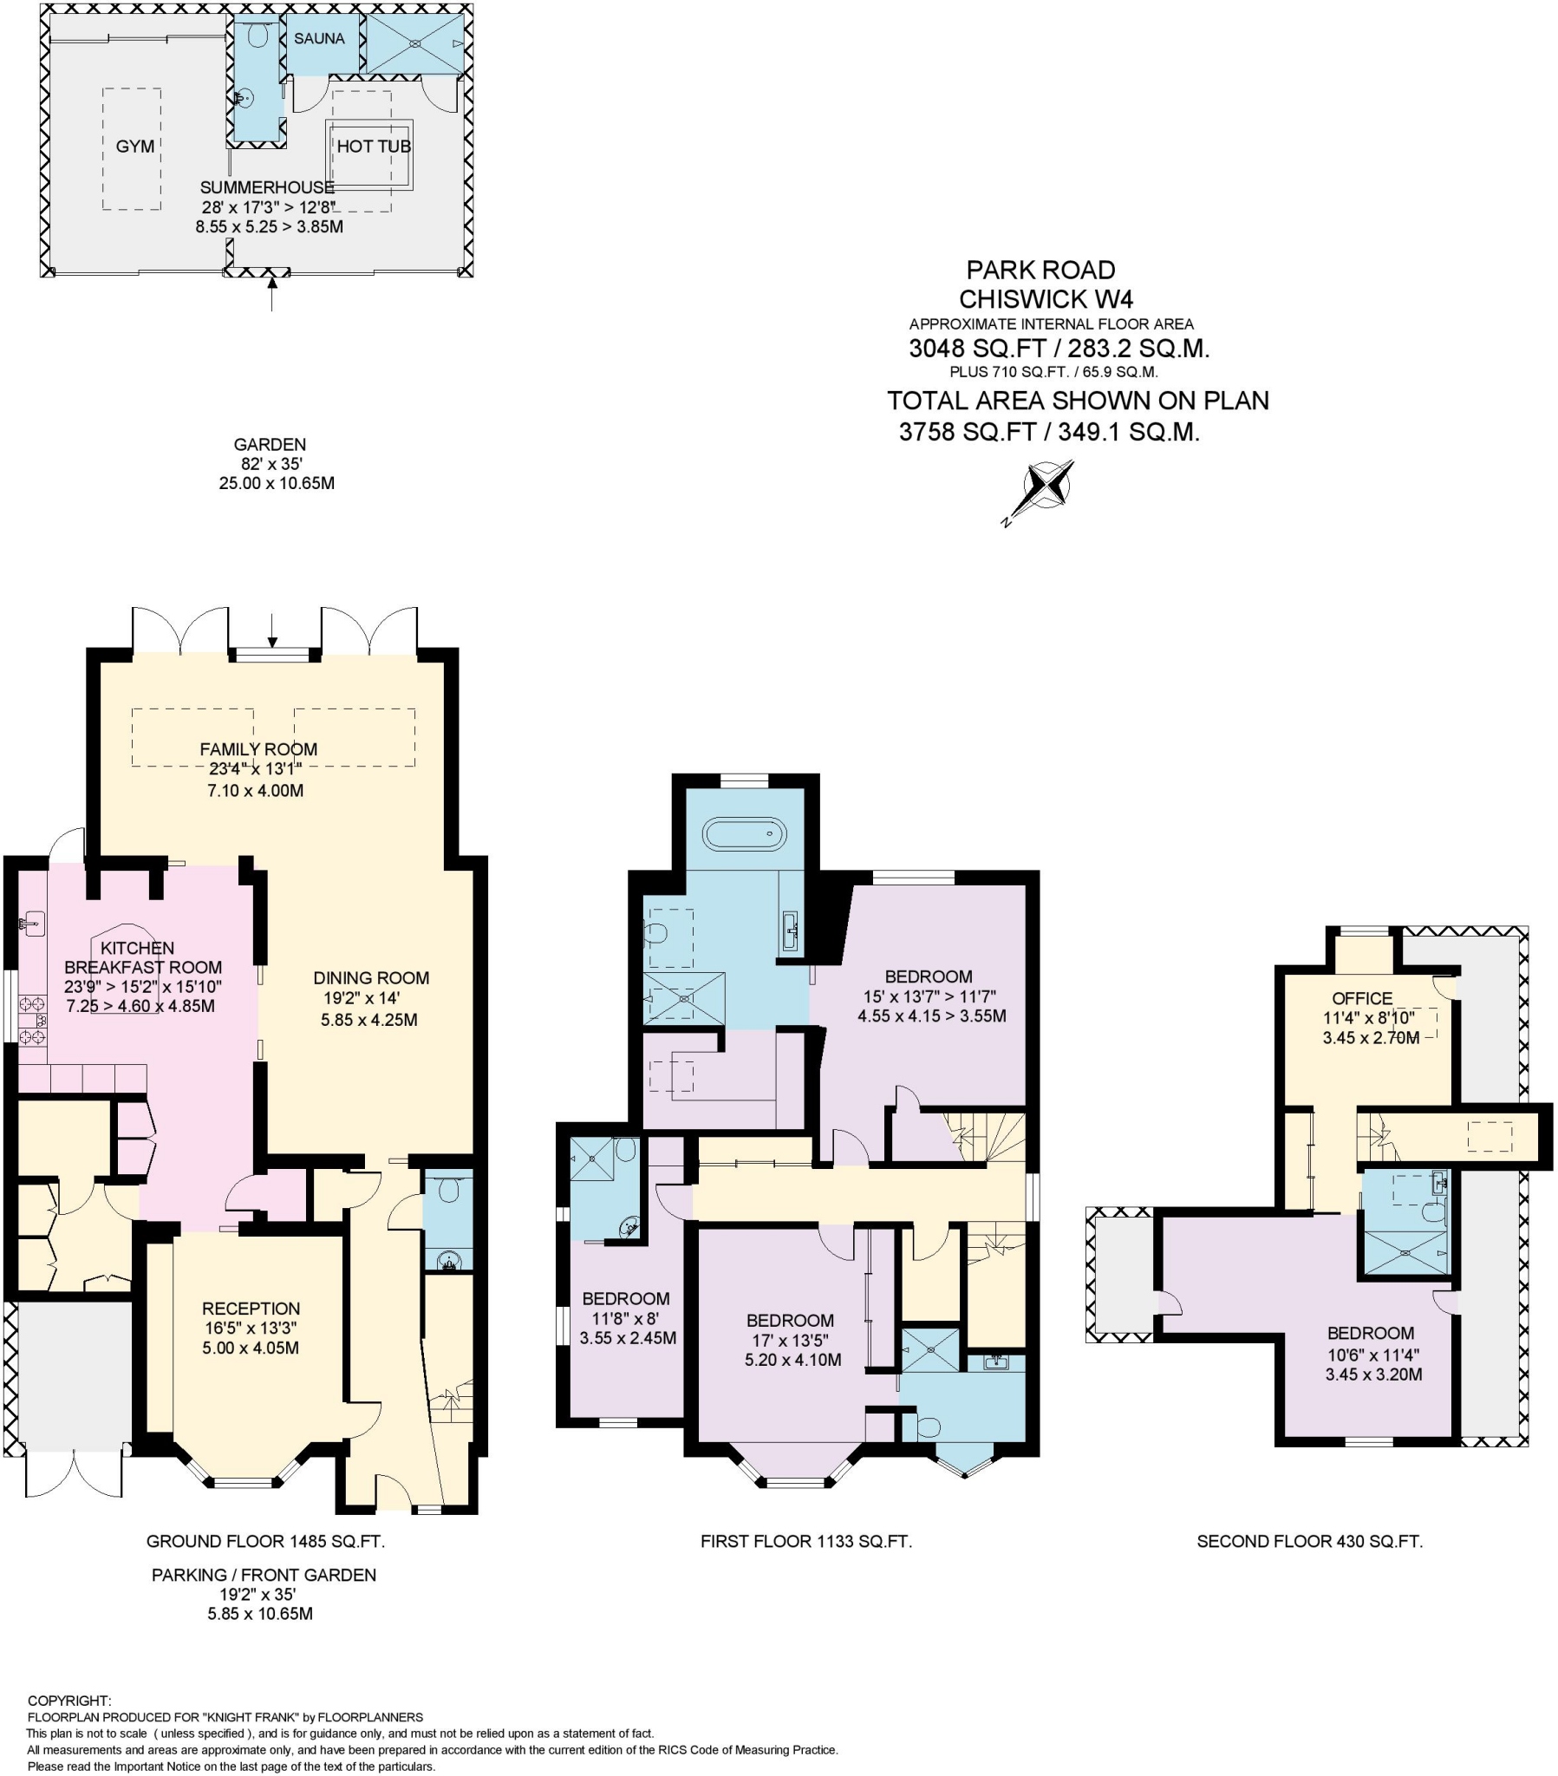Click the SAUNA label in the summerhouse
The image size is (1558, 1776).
click(x=319, y=39)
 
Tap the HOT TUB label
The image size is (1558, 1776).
click(x=373, y=147)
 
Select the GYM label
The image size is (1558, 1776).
click(x=134, y=147)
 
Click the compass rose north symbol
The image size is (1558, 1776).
click(x=1048, y=486)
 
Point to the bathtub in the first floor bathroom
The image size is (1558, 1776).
click(x=744, y=835)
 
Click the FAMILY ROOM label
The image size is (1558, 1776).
click(x=258, y=749)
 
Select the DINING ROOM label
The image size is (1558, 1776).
click(x=371, y=977)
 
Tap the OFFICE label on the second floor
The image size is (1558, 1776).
click(x=1361, y=998)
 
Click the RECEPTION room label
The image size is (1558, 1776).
click(x=251, y=1309)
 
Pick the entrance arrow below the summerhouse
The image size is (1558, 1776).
click(x=272, y=295)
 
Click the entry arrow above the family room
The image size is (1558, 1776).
click(x=272, y=630)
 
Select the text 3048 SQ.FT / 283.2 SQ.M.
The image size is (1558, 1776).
click(x=1059, y=349)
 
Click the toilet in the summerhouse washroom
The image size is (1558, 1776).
click(x=257, y=36)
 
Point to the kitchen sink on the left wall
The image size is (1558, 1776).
click(x=32, y=922)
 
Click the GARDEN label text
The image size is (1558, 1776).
click(x=270, y=444)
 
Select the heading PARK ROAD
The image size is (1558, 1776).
click(x=1040, y=271)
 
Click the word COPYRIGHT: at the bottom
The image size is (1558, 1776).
click(x=69, y=1701)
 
